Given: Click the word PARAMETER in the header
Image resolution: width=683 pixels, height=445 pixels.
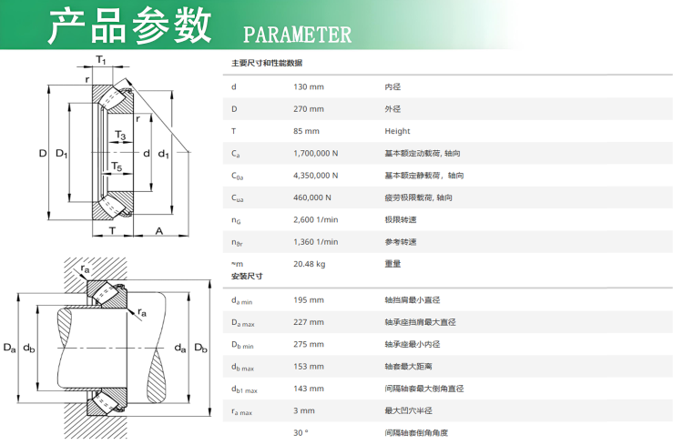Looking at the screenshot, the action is (297, 35).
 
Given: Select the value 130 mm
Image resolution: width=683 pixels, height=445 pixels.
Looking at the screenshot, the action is (309, 86).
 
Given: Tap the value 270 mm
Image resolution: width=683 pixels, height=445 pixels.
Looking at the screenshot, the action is (309, 109).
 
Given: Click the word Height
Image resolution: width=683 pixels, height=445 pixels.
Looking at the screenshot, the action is (397, 131).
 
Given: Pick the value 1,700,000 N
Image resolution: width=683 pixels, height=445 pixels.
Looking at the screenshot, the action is (315, 153).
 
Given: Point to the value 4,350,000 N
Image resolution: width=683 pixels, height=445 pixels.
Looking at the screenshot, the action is (315, 176).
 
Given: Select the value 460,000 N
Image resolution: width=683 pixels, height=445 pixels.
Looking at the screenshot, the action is (311, 197).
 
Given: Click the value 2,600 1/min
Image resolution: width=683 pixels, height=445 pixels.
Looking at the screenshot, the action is (315, 219).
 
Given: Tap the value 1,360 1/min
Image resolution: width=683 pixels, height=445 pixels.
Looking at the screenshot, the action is (315, 242).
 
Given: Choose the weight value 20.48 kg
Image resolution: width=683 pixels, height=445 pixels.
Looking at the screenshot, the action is (309, 264).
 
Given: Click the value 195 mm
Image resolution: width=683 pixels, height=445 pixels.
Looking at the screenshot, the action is (309, 300).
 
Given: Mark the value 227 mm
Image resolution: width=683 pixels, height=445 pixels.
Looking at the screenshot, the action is (309, 322).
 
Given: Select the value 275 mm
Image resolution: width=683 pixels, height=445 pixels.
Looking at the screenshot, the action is (309, 344).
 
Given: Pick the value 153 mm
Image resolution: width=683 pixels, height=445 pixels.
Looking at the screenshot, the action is (309, 367).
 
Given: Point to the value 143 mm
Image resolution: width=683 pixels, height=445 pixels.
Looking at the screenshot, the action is (309, 389).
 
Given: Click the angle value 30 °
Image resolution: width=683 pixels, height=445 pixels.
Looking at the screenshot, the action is (301, 433).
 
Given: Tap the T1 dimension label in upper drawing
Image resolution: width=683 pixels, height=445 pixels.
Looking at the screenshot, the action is (100, 60).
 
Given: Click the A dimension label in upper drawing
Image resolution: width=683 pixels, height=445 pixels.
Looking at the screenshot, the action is (159, 231).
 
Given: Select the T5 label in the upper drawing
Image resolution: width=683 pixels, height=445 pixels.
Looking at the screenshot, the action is (117, 167).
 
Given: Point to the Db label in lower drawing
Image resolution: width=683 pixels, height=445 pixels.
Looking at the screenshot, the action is (201, 348).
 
